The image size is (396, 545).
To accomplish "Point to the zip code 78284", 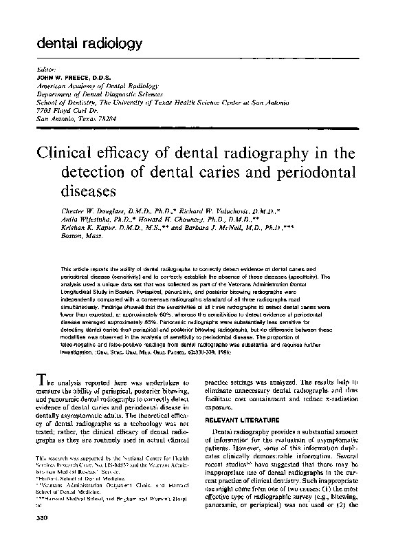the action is point(107,118).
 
